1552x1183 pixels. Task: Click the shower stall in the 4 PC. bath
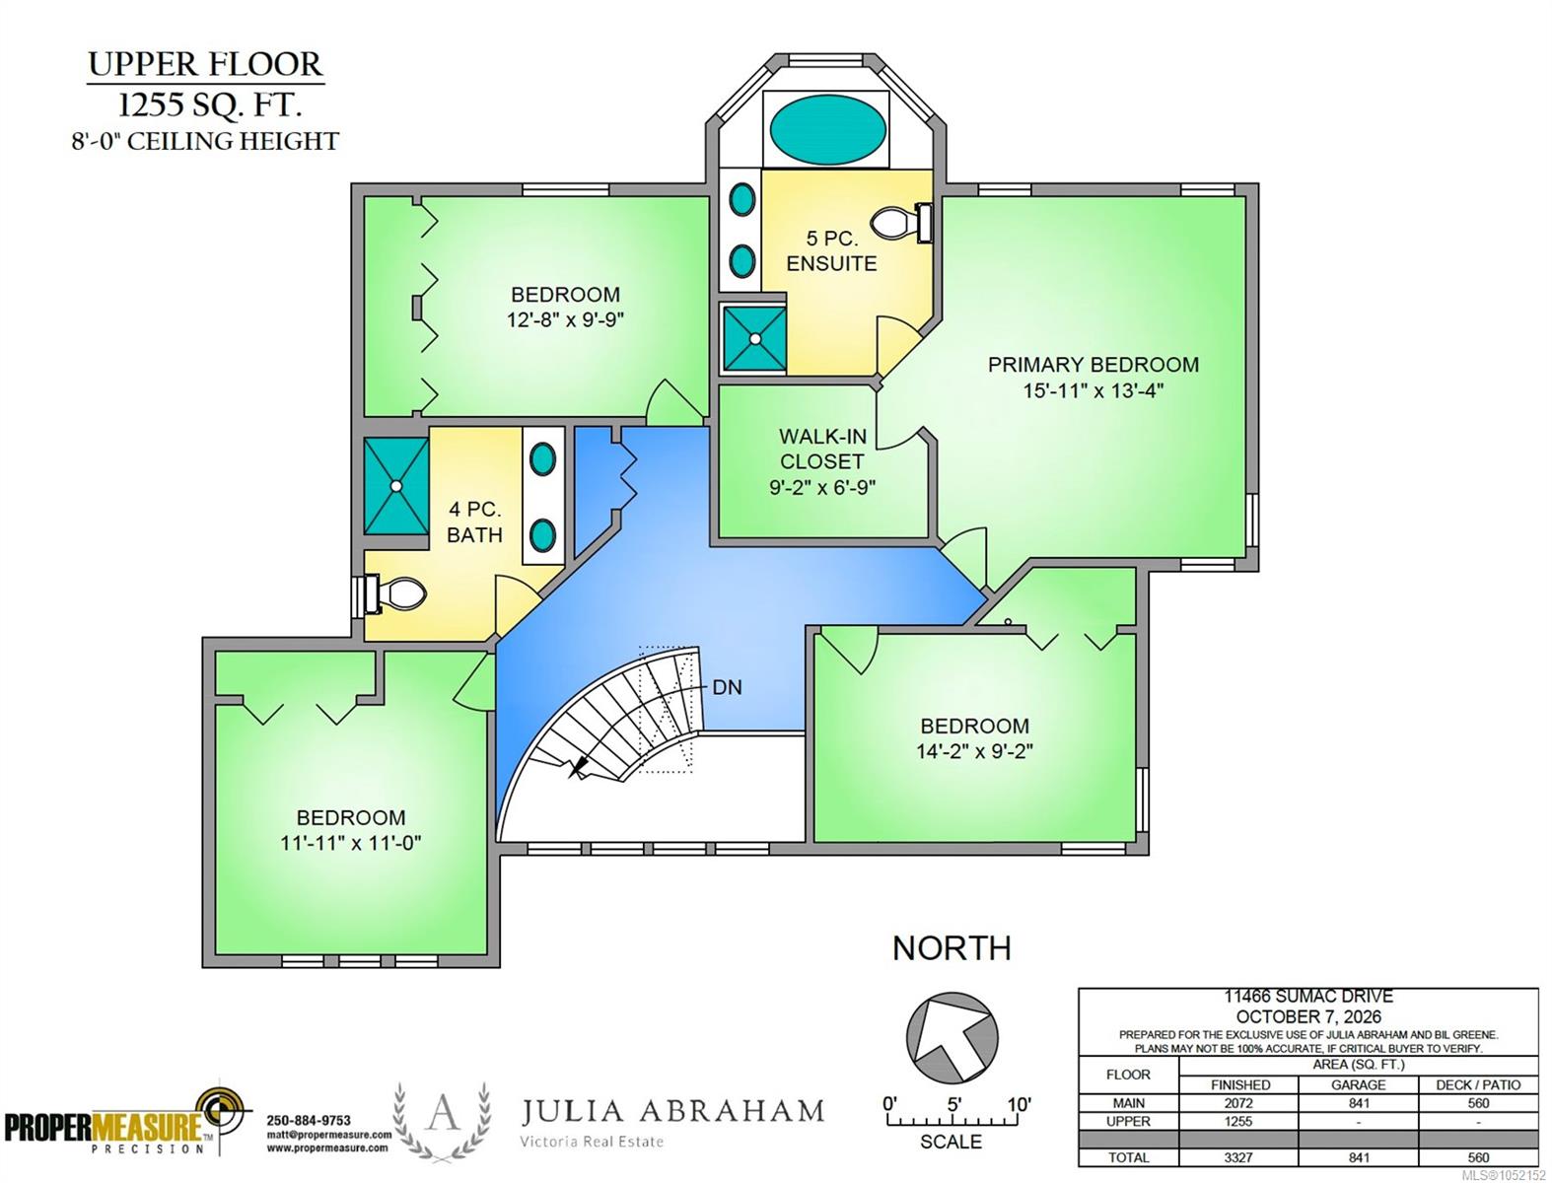coord(396,485)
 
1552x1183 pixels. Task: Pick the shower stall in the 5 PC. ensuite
coord(754,338)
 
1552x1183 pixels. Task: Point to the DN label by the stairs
coord(727,687)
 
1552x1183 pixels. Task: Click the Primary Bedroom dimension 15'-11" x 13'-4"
coord(1093,390)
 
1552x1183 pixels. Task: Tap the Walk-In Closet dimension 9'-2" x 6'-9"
coord(822,487)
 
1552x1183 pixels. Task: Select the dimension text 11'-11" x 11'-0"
coord(351,842)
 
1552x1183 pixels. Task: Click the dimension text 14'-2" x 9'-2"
coord(975,750)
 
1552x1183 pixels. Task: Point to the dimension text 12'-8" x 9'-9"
coord(565,319)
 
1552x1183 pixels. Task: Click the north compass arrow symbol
coord(952,1038)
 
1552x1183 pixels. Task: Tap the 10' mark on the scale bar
coord(1019,1104)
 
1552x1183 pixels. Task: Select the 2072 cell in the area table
coord(1238,1103)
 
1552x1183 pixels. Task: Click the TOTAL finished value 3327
coord(1238,1157)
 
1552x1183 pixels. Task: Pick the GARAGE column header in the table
coord(1358,1084)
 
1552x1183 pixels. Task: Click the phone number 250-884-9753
coord(309,1120)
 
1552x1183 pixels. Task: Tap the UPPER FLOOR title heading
coord(205,64)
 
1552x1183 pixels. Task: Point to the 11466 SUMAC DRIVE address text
coord(1308,997)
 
